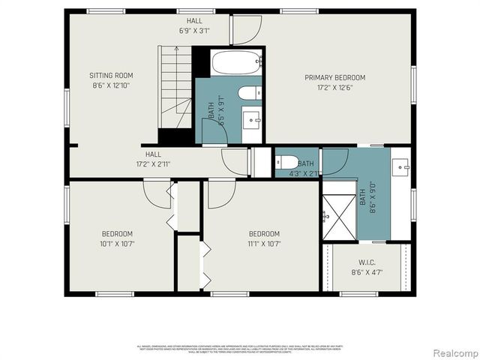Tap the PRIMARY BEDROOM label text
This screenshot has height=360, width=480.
click(x=334, y=77)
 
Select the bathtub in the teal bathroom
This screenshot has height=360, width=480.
click(x=235, y=62)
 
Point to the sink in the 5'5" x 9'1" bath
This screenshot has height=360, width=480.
click(x=253, y=118)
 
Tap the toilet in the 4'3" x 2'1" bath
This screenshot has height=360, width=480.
click(x=286, y=162)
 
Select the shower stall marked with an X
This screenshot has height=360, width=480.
click(x=339, y=216)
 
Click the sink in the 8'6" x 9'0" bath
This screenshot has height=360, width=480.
click(x=401, y=165)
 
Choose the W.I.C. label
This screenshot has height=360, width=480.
click(x=367, y=262)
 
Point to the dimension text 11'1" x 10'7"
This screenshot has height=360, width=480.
click(x=264, y=243)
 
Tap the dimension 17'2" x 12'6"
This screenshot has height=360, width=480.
click(x=334, y=87)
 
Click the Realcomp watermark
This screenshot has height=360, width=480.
click(x=453, y=352)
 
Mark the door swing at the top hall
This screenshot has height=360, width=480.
click(x=245, y=29)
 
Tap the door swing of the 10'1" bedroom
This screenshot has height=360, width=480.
click(x=157, y=195)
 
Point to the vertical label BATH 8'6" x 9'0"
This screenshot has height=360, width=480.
click(x=367, y=199)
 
